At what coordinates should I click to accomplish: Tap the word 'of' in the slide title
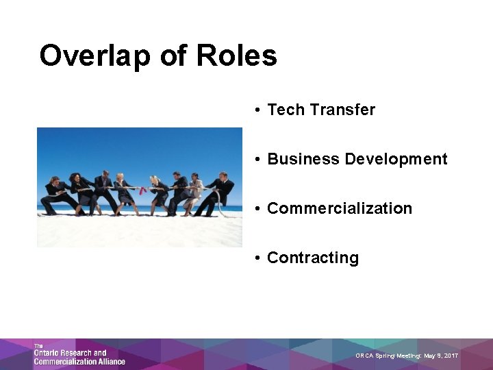[172, 56]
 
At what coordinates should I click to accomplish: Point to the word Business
[303, 159]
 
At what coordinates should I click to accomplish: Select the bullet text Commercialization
[340, 208]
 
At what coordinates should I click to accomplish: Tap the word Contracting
[313, 258]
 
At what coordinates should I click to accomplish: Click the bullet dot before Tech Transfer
[255, 110]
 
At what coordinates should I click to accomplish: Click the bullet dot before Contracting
[255, 258]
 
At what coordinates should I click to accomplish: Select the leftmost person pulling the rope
[55, 195]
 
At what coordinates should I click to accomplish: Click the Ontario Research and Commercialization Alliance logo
[79, 354]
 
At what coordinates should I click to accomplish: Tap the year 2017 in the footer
[450, 356]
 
